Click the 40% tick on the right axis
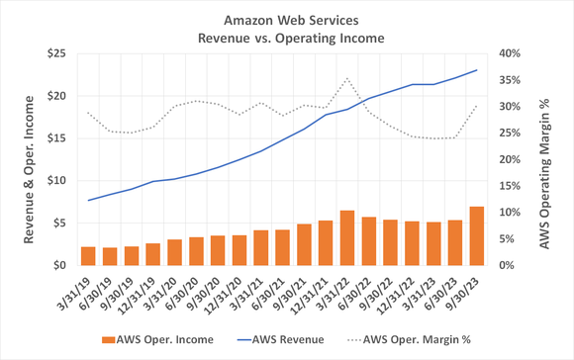pos(512,53)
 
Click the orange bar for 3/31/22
pos(347,237)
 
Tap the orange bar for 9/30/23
pos(477,235)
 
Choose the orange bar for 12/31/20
pos(239,249)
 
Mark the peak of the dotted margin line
pos(347,79)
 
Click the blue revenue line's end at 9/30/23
pos(477,70)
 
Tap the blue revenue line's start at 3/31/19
pos(88,201)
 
